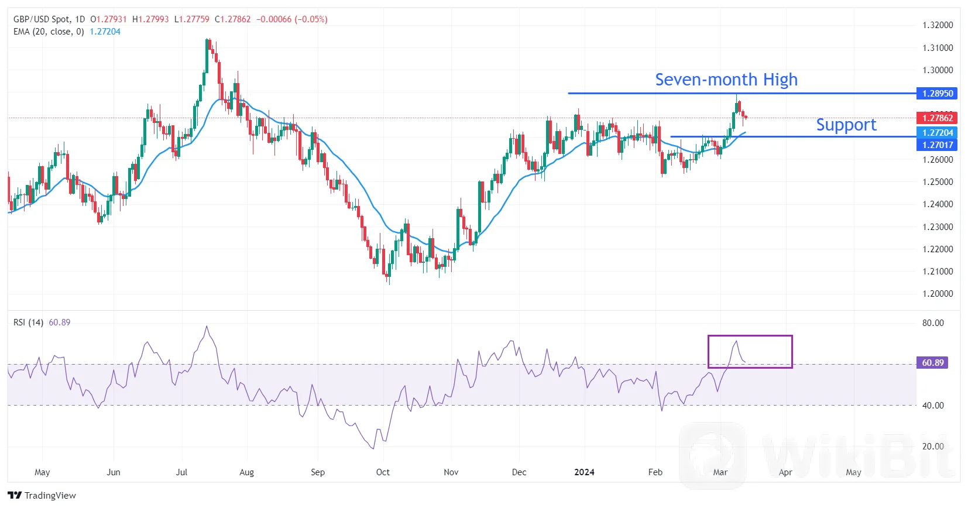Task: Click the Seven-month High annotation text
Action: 726,80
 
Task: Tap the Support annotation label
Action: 846,125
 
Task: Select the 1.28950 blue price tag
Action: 937,94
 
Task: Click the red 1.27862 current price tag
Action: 937,118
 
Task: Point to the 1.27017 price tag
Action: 937,145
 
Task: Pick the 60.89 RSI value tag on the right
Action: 932,363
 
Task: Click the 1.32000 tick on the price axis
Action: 938,25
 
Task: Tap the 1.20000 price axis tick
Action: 938,294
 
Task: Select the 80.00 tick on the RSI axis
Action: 933,323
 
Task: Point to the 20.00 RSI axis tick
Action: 933,447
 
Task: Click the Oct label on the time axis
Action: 383,472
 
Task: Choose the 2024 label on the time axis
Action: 584,472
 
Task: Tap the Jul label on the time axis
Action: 181,472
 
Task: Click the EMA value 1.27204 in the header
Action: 105,32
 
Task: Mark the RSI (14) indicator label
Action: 28,322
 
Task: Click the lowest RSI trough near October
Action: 373,448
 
